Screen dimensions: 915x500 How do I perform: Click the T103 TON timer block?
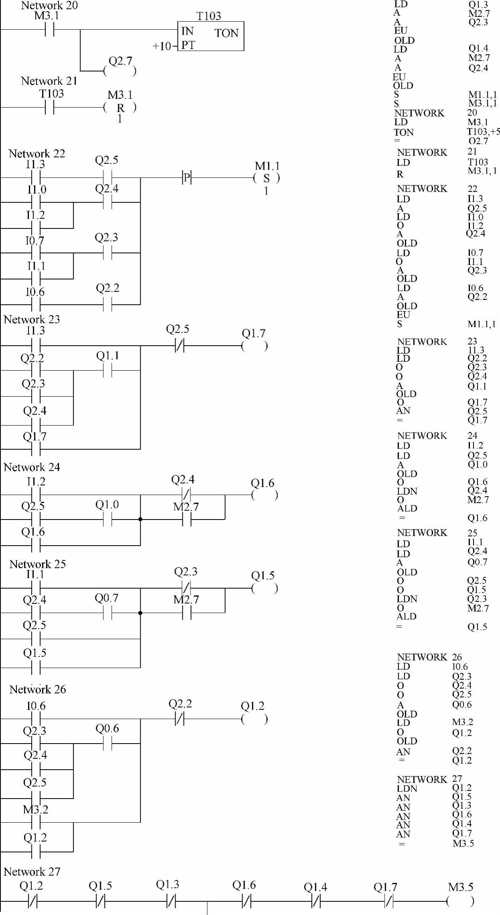click(211, 36)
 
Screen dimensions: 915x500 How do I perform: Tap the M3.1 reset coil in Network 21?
click(120, 108)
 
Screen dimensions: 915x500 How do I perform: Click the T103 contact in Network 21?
click(49, 108)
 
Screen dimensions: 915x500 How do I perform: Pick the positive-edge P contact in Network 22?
click(186, 177)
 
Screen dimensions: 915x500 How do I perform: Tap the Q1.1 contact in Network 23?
click(107, 371)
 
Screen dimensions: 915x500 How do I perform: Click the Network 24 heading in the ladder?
click(32, 467)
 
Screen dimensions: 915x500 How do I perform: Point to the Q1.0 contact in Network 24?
click(107, 520)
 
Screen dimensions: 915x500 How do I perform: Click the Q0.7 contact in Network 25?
click(107, 613)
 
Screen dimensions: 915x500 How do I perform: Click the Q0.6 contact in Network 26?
click(107, 744)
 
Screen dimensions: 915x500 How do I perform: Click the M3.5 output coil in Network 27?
click(460, 902)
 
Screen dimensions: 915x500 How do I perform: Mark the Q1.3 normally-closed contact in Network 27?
click(171, 902)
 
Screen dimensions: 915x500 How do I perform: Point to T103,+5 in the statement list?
click(484, 132)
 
